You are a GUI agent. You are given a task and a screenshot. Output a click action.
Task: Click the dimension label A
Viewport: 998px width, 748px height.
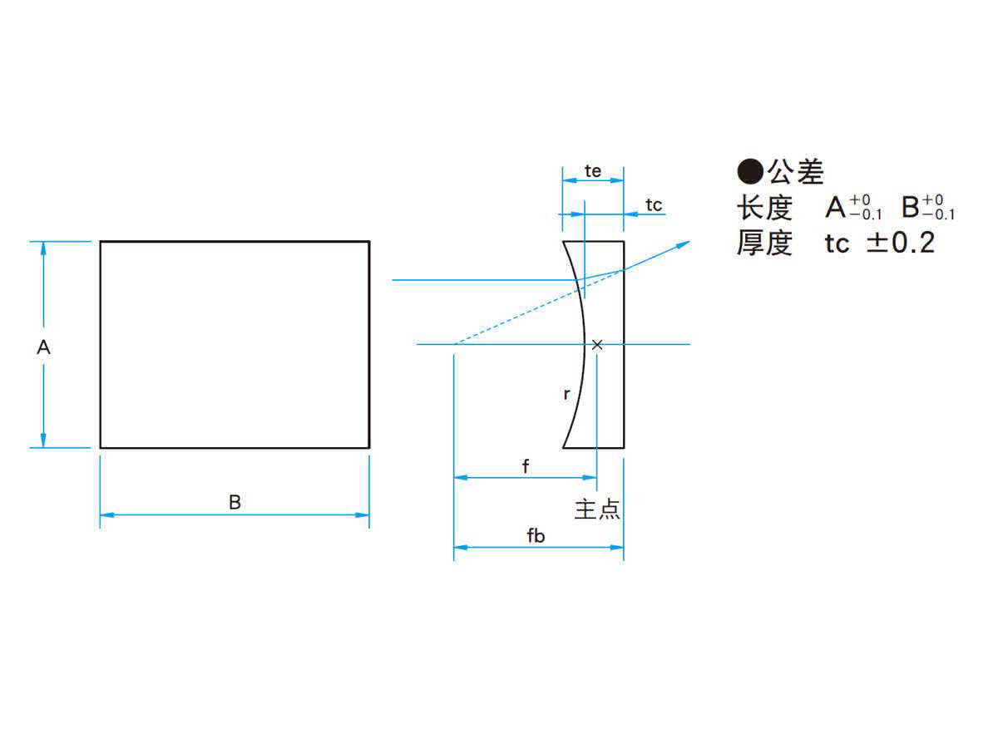point(43,347)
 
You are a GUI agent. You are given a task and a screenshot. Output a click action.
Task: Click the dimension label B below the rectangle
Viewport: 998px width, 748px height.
point(235,502)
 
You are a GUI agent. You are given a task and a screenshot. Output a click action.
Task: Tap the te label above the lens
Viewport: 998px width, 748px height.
point(593,171)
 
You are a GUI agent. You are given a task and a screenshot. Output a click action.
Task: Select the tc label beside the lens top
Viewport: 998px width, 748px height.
point(654,205)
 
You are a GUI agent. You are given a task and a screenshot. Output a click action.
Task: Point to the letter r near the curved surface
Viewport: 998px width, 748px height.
point(566,394)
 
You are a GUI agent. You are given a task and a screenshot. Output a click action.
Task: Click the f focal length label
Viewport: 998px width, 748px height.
point(526,466)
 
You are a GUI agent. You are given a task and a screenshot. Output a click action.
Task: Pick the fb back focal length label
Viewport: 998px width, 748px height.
point(536,536)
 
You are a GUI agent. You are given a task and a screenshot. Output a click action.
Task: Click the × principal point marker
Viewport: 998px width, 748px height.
point(597,345)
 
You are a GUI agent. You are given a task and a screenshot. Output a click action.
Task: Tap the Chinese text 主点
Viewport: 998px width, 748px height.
point(597,509)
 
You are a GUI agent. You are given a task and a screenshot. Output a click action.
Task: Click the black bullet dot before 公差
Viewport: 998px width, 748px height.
point(750,171)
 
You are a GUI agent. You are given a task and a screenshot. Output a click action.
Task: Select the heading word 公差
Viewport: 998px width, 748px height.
point(796,172)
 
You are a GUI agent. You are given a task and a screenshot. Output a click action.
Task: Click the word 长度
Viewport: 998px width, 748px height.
point(765,208)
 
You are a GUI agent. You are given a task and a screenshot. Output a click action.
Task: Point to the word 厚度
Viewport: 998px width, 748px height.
point(765,243)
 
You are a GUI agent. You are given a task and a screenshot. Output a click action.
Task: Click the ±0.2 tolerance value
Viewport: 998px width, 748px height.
point(901,243)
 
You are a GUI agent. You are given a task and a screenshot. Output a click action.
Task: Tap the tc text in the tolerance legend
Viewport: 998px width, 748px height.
point(837,244)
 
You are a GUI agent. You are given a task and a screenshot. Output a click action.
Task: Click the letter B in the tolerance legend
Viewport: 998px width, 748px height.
point(910,208)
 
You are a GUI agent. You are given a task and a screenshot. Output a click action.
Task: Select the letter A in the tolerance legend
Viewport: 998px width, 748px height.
point(836,208)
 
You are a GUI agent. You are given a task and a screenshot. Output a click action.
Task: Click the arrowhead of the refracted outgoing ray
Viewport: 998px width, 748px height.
point(684,245)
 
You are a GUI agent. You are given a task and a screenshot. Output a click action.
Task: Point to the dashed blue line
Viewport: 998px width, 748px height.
point(540,307)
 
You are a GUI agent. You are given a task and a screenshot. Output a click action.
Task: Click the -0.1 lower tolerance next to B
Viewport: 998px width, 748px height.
point(939,214)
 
